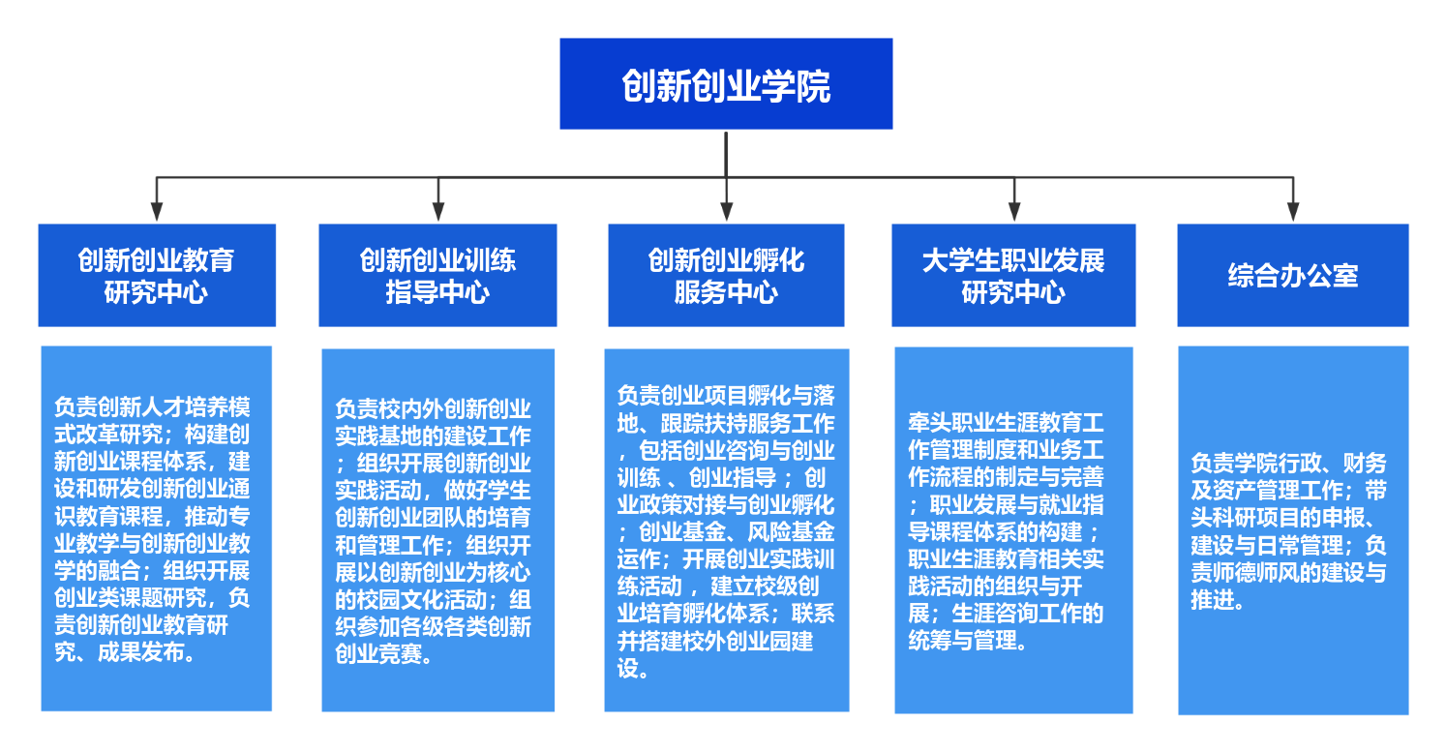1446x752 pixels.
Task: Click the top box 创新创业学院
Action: [x=726, y=84]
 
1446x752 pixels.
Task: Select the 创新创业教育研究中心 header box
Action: [x=157, y=276]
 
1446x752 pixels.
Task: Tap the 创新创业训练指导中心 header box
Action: [x=437, y=276]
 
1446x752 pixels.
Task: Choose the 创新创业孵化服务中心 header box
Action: [x=726, y=276]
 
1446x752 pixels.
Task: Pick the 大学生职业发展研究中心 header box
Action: [x=1013, y=276]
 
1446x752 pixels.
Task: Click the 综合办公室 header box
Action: [x=1293, y=276]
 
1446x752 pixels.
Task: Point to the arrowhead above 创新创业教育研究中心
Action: [x=157, y=212]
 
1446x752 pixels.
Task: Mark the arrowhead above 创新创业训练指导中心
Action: [x=437, y=212]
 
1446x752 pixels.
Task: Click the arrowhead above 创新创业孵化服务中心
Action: [x=726, y=212]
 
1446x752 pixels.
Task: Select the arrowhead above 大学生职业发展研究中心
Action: [x=1013, y=212]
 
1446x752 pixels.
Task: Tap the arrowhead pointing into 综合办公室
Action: [x=1293, y=212]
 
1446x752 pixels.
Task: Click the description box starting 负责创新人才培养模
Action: [x=157, y=528]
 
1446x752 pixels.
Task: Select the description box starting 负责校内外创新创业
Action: [x=437, y=530]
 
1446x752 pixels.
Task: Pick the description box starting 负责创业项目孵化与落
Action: [x=726, y=530]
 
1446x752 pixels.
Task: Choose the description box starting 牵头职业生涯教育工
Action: [x=1013, y=530]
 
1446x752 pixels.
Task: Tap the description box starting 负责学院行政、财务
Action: [x=1293, y=530]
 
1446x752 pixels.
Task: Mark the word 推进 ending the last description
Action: [x=1212, y=600]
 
